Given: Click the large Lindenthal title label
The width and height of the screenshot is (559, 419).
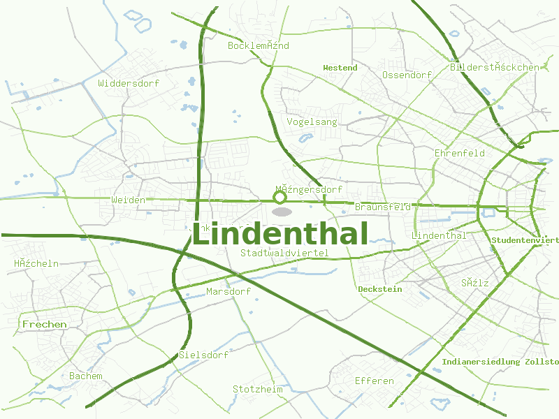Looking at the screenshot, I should (279, 235).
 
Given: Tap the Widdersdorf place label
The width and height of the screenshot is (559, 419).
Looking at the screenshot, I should (129, 83).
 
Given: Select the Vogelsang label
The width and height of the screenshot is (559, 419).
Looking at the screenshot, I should (312, 122).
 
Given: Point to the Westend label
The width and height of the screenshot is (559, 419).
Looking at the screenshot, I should (340, 68).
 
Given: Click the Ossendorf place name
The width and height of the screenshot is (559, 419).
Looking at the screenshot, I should (407, 75).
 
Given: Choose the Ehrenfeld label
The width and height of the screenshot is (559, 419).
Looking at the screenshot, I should (459, 153).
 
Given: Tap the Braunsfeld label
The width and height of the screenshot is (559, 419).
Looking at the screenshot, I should (382, 207).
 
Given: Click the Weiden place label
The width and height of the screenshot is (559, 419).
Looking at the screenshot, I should (128, 200).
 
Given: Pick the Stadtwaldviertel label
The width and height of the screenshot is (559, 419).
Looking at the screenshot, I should (284, 253).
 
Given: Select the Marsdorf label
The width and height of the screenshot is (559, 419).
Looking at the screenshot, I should (228, 291).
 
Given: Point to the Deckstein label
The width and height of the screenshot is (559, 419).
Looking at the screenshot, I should (379, 289).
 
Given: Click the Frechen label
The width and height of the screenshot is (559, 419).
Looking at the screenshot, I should (45, 325).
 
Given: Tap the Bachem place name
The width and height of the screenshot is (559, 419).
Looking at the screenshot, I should (85, 376).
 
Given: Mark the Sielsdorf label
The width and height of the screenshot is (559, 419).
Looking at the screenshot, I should (203, 355).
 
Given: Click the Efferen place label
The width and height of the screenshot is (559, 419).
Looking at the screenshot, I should (374, 381).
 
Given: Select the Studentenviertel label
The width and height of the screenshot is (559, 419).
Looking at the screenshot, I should (525, 240).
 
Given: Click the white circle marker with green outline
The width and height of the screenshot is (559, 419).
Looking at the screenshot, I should (280, 198).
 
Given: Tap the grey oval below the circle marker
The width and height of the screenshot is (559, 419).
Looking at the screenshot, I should (282, 212).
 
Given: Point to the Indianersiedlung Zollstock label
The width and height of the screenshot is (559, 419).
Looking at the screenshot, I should (500, 362).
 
